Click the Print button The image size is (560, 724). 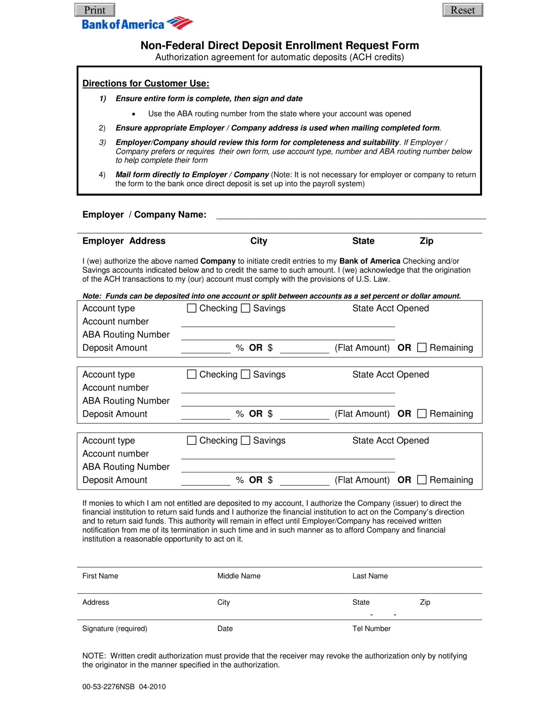pos(95,10)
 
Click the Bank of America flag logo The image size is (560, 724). pos(180,23)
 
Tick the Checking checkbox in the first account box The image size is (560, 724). pos(192,308)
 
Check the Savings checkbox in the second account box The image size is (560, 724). pos(245,374)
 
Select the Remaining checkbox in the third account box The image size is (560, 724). pos(422,480)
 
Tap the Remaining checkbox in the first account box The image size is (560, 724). pos(422,348)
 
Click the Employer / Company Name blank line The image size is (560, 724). pos(350,215)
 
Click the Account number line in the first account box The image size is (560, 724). pos(287,322)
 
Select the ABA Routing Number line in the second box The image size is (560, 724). pos(287,402)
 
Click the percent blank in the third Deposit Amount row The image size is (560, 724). pos(206,481)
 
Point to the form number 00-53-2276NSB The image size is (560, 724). pos(108,687)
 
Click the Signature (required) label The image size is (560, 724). pos(115,629)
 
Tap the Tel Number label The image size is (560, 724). pos(371,629)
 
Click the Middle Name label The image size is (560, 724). pos(239,576)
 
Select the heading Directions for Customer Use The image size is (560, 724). pos(146,83)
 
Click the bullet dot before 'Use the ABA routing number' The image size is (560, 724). pos(133,114)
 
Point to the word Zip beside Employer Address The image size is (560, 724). pos(426,241)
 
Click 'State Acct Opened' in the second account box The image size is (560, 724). pos(390,374)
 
